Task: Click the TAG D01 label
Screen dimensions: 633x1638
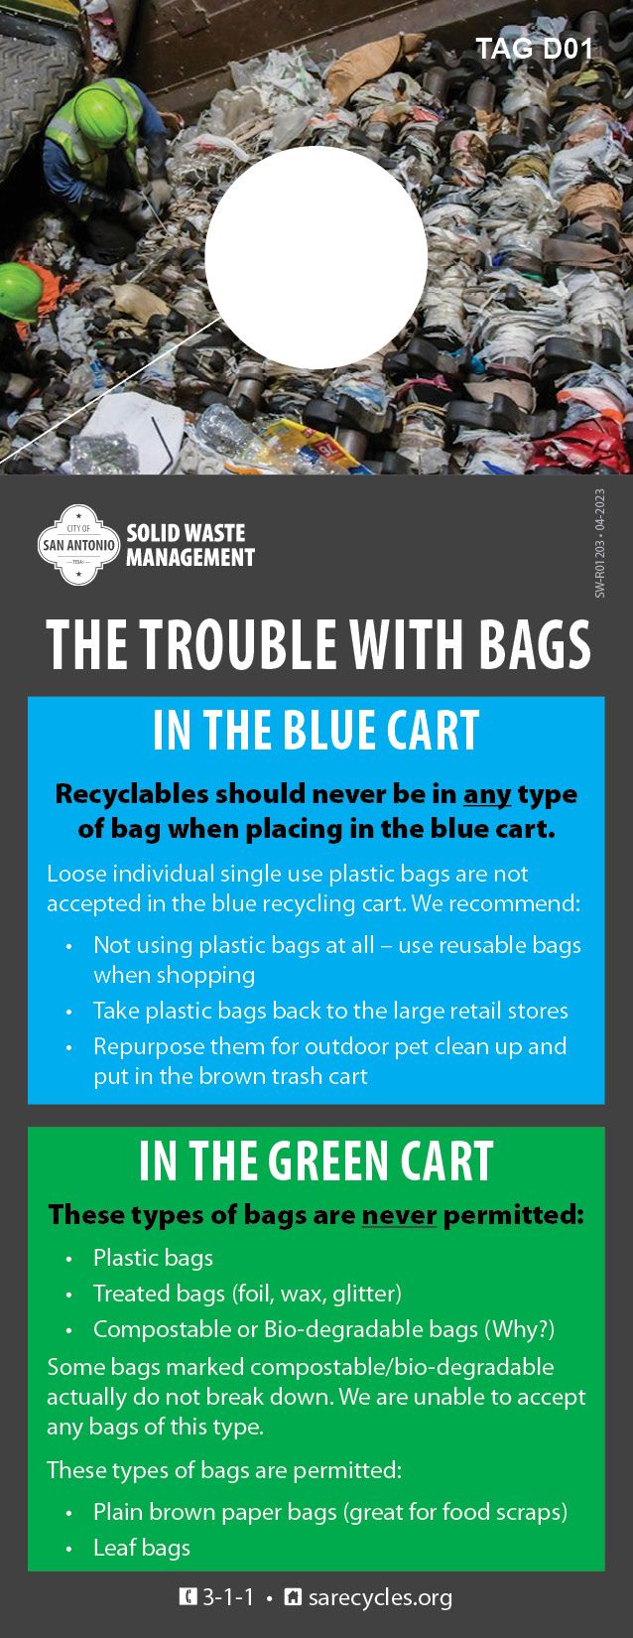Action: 535,49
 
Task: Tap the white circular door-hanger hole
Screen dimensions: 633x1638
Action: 316,257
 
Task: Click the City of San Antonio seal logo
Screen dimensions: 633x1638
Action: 78,545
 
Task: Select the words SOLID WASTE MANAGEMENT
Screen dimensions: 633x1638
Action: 190,545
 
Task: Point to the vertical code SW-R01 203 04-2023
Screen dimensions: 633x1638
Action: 600,543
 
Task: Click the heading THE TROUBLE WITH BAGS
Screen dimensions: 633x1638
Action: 317,644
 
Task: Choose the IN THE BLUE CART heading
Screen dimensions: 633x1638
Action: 316,731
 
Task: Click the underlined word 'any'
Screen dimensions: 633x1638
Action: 487,794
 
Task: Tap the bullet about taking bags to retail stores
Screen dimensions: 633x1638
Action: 330,1011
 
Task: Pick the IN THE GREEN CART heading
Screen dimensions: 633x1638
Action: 316,1160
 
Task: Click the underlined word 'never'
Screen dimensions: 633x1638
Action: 399,1215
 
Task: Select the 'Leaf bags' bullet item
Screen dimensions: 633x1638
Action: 142,1548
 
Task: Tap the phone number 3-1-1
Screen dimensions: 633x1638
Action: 228,1597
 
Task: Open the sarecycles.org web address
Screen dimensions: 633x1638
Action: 380,1597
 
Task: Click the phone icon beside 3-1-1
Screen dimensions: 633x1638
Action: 188,1597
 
